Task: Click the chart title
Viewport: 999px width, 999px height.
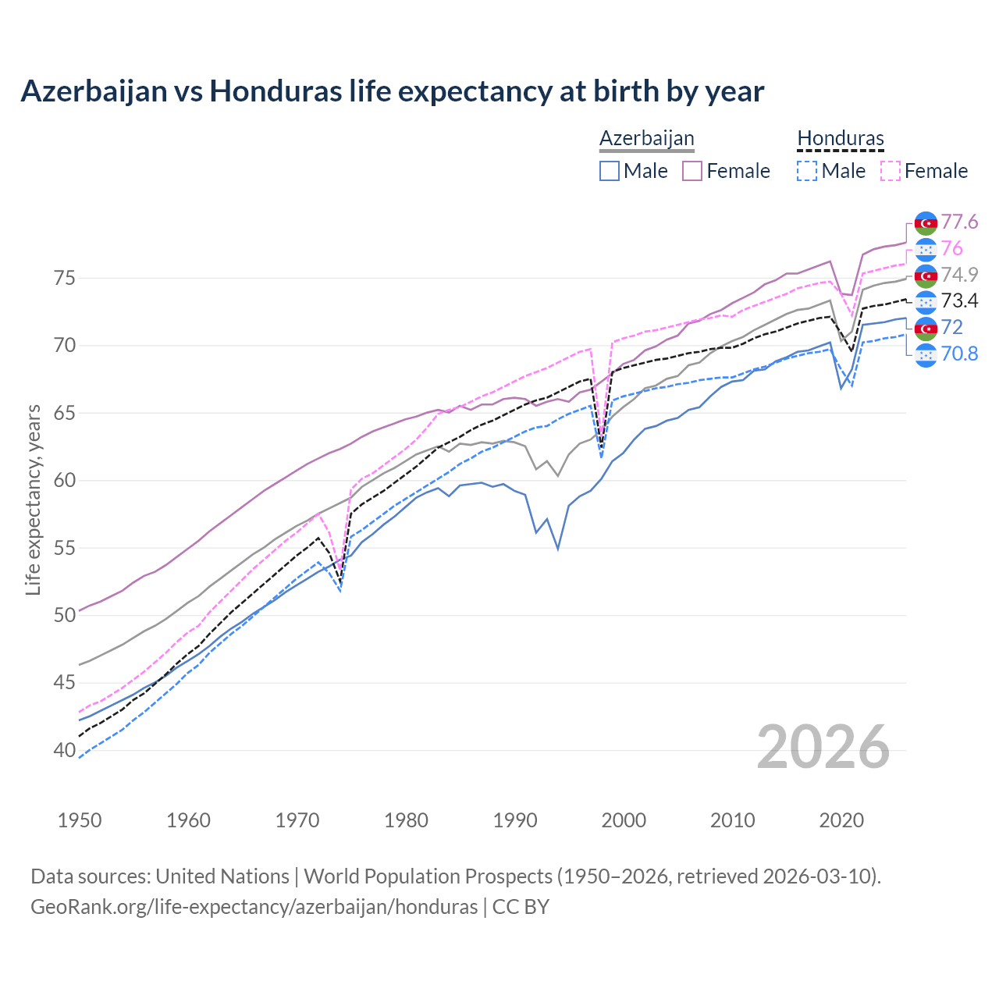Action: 392,91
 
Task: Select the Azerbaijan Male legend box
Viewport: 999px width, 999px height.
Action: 610,171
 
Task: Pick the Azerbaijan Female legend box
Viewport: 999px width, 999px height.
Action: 693,171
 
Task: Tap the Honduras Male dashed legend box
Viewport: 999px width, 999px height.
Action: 808,171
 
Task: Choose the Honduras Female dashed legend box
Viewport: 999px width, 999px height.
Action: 891,171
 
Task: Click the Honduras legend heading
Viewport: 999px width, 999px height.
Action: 841,139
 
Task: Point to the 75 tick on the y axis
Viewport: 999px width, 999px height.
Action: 65,278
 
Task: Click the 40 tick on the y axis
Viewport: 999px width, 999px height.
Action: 65,750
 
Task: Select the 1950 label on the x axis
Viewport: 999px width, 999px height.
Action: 80,820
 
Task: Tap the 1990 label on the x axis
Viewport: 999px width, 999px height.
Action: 515,820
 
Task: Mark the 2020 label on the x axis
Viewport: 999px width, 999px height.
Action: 841,820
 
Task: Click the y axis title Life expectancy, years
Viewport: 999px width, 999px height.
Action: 33,499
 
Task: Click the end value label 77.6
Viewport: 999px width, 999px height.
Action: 959,222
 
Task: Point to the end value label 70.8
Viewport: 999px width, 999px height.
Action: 959,354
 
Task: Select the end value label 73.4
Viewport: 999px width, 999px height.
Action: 959,301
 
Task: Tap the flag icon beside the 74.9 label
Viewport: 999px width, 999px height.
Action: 926,276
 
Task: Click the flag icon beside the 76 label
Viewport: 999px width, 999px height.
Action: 926,249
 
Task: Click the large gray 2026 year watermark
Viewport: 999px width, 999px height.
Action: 823,747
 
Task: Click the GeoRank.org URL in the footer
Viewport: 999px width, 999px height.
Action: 254,907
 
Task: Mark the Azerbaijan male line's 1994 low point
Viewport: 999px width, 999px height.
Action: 558,549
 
